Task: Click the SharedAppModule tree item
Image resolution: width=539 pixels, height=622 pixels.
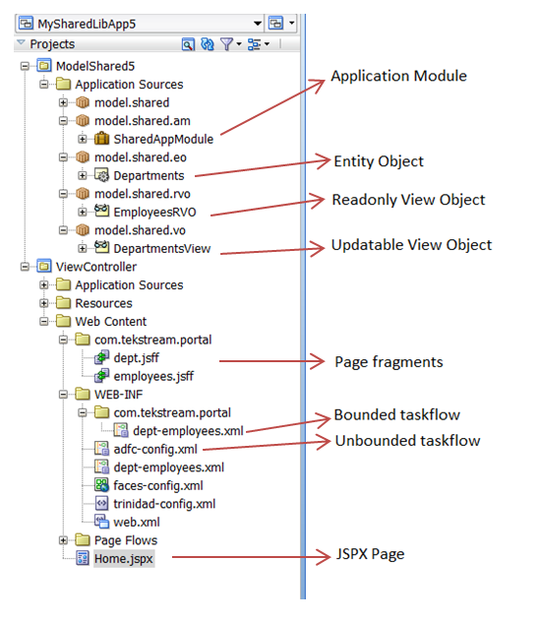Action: point(163,139)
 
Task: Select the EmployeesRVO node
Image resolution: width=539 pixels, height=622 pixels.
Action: point(154,213)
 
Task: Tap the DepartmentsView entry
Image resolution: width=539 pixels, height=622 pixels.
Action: point(162,249)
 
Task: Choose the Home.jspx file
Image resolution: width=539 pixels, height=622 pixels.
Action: point(124,559)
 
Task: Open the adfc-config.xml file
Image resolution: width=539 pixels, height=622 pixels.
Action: point(155,449)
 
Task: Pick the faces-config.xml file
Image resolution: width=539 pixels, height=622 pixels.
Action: point(158,485)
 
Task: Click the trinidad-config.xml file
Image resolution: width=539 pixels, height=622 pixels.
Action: point(164,504)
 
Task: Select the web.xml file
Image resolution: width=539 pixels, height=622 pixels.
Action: point(137,522)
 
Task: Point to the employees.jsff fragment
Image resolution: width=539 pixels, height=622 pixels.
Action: point(153,376)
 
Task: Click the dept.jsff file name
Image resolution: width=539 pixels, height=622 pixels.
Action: point(137,358)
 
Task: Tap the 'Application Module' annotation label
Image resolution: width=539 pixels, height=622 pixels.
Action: point(398,76)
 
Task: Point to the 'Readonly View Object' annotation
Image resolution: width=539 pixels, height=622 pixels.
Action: point(408,200)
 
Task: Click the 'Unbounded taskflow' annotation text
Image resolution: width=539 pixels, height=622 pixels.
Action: point(407,441)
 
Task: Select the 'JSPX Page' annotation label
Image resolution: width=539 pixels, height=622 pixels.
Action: point(370,554)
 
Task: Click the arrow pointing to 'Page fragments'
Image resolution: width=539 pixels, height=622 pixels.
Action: point(271,361)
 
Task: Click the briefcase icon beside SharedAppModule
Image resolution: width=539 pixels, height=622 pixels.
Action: point(101,139)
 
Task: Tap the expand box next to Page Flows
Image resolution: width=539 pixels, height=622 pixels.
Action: point(63,540)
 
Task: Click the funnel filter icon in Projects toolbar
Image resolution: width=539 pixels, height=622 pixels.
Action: point(226,44)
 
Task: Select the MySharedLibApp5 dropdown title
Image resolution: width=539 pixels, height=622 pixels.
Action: point(87,24)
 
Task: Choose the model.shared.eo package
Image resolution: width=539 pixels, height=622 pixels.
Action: point(141,157)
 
